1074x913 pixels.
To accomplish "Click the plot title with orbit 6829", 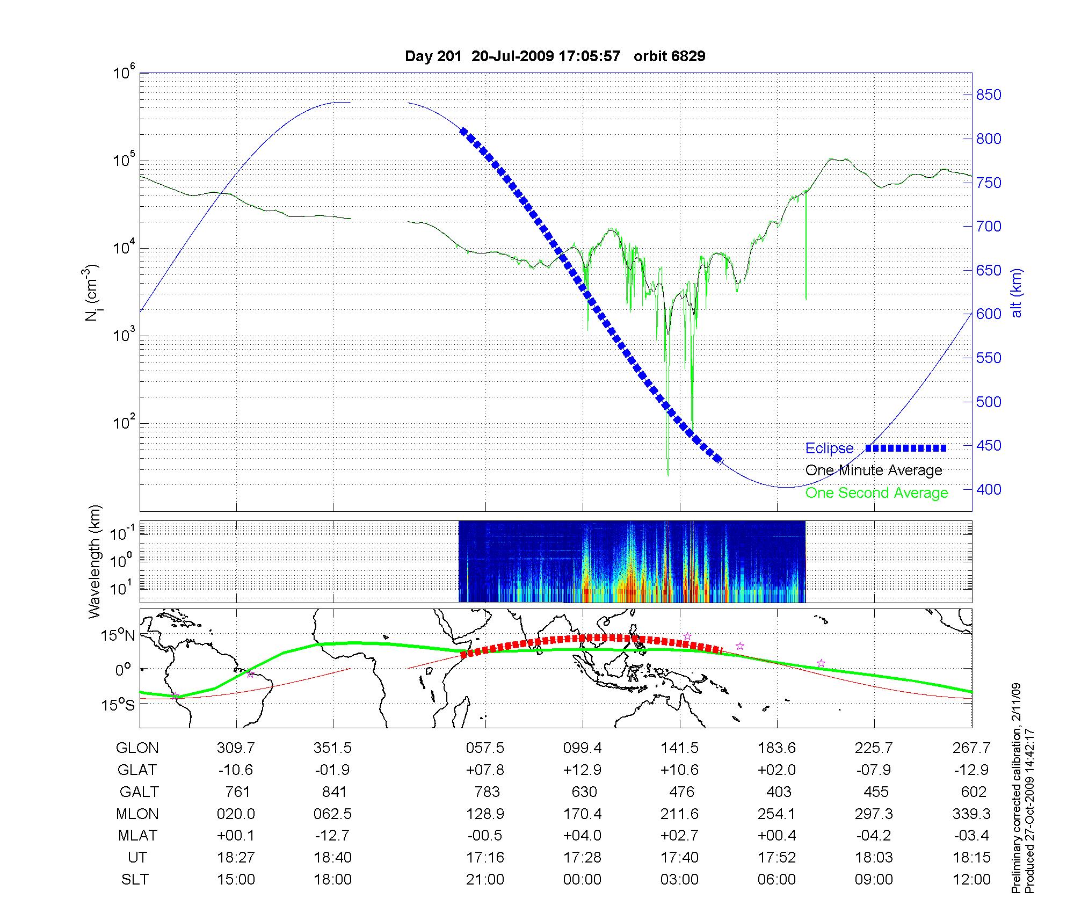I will pyautogui.click(x=555, y=56).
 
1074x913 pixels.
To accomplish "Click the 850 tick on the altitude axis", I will pyautogui.click(x=989, y=95).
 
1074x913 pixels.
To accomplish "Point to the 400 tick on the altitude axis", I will pyautogui.click(x=989, y=489).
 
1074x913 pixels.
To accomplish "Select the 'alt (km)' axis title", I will pyautogui.click(x=1017, y=293).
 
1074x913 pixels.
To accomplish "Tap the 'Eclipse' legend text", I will pyautogui.click(x=829, y=448).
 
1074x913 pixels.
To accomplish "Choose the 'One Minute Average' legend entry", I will pyautogui.click(x=874, y=470).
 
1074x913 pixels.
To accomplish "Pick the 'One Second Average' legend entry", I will pyautogui.click(x=876, y=493).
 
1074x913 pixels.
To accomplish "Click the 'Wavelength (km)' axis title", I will pyautogui.click(x=95, y=561).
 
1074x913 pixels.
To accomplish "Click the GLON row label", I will pyautogui.click(x=137, y=748).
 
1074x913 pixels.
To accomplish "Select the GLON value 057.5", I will pyautogui.click(x=485, y=748).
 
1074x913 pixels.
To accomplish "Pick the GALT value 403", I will pyautogui.click(x=779, y=792).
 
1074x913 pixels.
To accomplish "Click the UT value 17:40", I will pyautogui.click(x=680, y=858).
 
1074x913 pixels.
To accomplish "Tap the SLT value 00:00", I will pyautogui.click(x=583, y=880).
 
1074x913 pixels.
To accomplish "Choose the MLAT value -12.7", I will pyautogui.click(x=333, y=836).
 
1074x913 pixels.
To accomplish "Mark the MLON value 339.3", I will pyautogui.click(x=971, y=814).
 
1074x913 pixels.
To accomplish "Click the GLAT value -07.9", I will pyautogui.click(x=874, y=770).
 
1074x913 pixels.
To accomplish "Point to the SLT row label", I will pyautogui.click(x=135, y=880).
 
